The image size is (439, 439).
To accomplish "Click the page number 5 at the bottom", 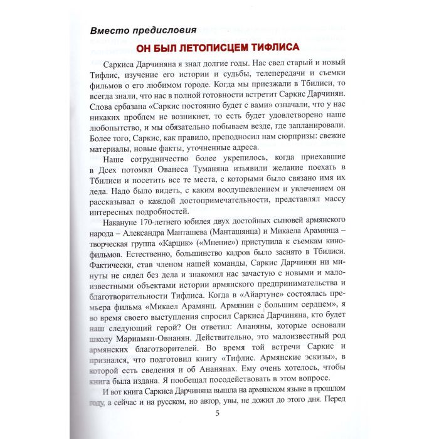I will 217,412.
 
